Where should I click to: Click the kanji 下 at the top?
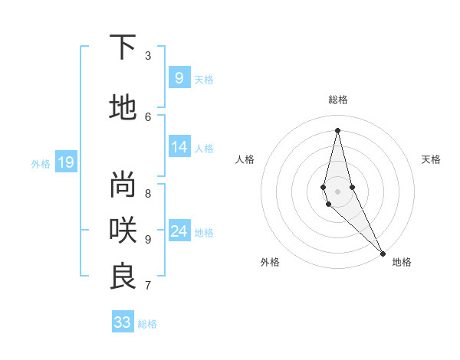[x=123, y=47]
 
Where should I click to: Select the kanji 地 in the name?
[x=123, y=107]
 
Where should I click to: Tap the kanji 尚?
[x=123, y=185]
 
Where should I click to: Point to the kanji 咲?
[x=123, y=230]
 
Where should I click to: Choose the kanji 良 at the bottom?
[x=123, y=277]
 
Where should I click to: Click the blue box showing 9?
[x=179, y=77]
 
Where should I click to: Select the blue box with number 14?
[x=179, y=147]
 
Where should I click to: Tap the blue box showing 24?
[x=179, y=231]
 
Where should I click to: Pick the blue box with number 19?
[x=65, y=162]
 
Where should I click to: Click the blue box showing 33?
[x=123, y=322]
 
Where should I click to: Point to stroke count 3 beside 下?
[x=148, y=55]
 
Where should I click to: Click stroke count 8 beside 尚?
[x=148, y=193]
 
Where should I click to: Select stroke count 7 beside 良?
[x=148, y=286]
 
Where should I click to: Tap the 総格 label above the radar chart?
[x=337, y=100]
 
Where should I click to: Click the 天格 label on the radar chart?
[x=431, y=159]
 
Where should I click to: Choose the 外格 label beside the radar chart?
[x=270, y=262]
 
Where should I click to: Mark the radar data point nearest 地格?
[x=383, y=253]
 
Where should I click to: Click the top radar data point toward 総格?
[x=337, y=129]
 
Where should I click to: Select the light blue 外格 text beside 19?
[x=40, y=163]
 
